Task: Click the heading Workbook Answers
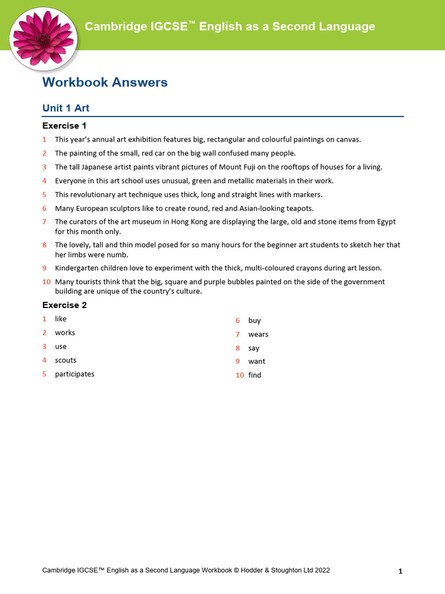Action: (105, 82)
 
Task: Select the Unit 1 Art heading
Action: (65, 108)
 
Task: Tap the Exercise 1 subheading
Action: (64, 126)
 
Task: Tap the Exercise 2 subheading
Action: (64, 305)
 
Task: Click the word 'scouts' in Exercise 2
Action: (65, 360)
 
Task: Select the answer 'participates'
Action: (75, 374)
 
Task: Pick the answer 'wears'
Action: (258, 334)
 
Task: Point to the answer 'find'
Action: (255, 375)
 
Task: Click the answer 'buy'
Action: (254, 320)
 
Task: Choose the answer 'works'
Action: (65, 333)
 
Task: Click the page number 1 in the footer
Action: (400, 571)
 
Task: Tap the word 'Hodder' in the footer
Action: (252, 571)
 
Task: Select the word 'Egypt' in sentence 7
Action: (386, 222)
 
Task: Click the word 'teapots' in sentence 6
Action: (301, 208)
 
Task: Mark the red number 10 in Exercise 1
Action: (46, 282)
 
